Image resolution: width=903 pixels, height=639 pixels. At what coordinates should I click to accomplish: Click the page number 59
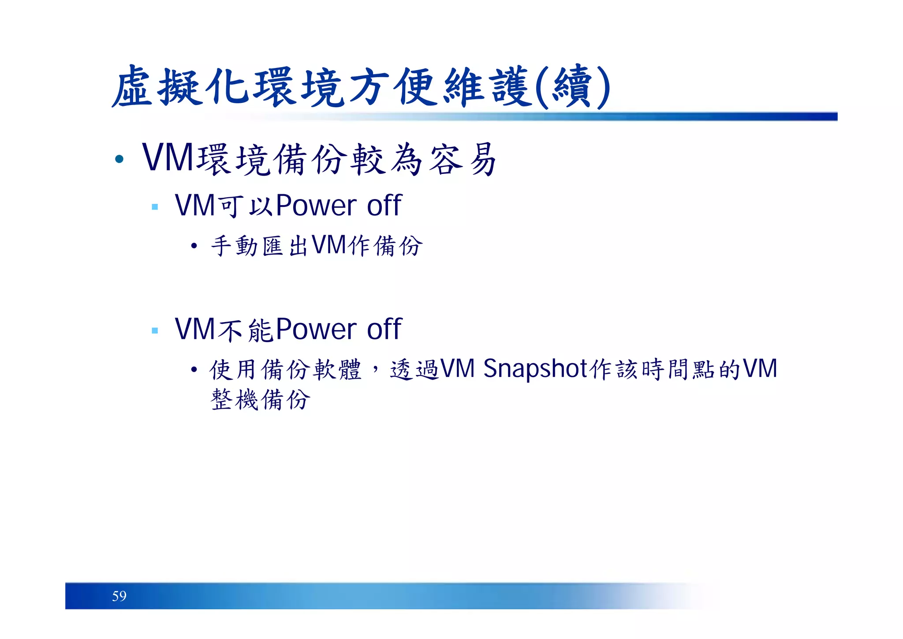tap(119, 596)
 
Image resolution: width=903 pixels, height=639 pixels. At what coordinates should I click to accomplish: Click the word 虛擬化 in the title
tap(181, 86)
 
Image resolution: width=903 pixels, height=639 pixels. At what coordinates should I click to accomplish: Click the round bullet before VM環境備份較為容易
tap(119, 159)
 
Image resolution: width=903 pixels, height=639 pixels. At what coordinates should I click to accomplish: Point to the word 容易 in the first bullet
tap(463, 160)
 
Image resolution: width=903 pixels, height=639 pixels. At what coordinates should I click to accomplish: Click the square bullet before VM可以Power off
tap(154, 207)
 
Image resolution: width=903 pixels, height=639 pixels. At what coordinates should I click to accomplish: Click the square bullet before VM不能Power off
tap(154, 330)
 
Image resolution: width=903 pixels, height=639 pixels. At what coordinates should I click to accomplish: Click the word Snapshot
tap(535, 369)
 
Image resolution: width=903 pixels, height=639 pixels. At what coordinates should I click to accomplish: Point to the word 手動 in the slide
tap(234, 246)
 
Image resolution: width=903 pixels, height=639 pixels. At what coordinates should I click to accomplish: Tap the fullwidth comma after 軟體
tap(375, 369)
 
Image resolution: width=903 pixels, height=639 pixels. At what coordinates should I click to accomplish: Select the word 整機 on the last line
tap(234, 400)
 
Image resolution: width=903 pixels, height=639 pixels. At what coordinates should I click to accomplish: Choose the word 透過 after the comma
tap(414, 369)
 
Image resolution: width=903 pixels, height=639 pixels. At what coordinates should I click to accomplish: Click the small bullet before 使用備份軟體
tap(194, 369)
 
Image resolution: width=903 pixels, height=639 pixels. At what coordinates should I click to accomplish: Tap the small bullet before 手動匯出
tap(194, 246)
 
